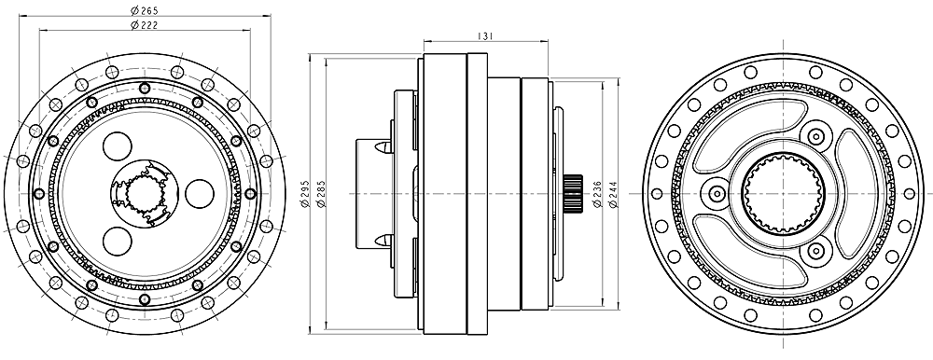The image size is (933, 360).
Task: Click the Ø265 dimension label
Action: pos(145,10)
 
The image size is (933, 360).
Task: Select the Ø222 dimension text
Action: pos(145,24)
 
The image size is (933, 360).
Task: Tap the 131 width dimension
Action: pos(485,36)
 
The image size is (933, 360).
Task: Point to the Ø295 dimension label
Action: pos(305,193)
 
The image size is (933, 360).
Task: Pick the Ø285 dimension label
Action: pos(321,193)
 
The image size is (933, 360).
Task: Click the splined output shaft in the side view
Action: pos(573,193)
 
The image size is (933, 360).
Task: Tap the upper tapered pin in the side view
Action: pos(383,146)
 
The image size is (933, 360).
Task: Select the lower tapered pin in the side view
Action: pos(383,241)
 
